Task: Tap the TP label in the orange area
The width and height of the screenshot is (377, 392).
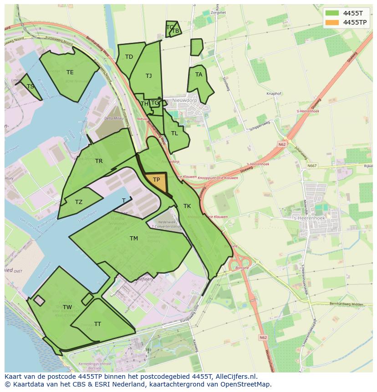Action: [156, 180]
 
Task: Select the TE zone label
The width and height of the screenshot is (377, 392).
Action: [70, 72]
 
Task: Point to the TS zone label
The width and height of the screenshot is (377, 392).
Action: [31, 87]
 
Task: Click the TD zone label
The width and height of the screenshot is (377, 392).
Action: [129, 57]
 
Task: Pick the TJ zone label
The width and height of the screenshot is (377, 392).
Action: [148, 76]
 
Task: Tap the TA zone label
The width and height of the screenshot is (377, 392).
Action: [199, 75]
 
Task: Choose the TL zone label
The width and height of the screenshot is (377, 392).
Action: [174, 133]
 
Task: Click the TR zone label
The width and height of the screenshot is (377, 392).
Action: [99, 161]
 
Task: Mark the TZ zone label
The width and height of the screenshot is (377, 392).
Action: [79, 202]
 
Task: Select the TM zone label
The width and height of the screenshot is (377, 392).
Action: [133, 239]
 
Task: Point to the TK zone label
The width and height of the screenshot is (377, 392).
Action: [187, 206]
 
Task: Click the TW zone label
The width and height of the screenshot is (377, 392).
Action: [67, 307]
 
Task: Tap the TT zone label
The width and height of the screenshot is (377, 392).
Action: [97, 324]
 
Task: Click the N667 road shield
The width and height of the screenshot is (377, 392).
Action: [311, 166]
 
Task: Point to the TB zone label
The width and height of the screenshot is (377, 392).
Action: [175, 31]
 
